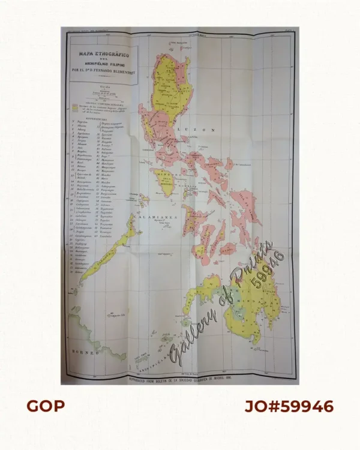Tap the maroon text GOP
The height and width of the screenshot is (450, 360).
click(x=46, y=407)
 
